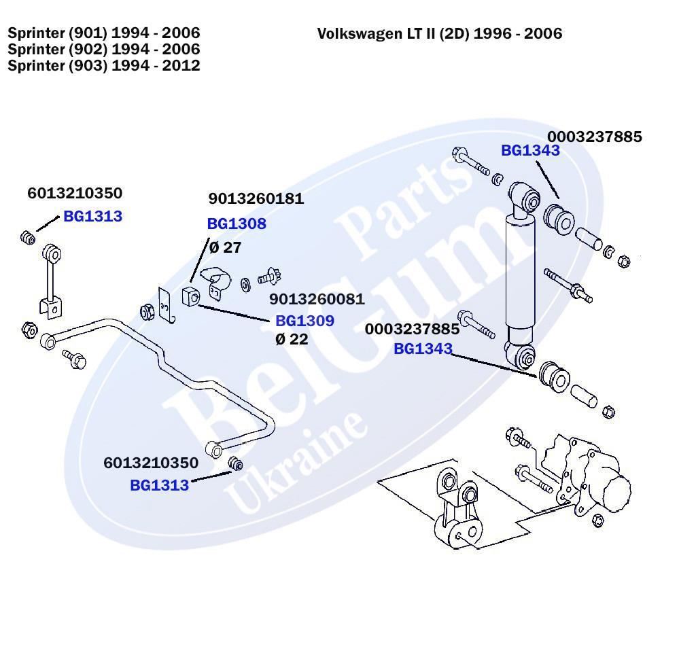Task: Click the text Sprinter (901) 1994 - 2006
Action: [103, 33]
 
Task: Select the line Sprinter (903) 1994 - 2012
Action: [103, 66]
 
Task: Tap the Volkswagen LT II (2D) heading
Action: [439, 34]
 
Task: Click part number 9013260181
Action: [256, 199]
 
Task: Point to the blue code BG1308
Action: [236, 224]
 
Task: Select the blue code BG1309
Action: [304, 321]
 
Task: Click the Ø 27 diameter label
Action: [225, 247]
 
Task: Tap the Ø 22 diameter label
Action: [292, 339]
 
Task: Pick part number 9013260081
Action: [317, 300]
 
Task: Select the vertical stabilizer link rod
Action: [51, 282]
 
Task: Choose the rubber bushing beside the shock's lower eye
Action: [553, 376]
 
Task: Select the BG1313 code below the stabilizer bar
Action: [159, 485]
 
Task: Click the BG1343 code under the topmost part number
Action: [530, 151]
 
